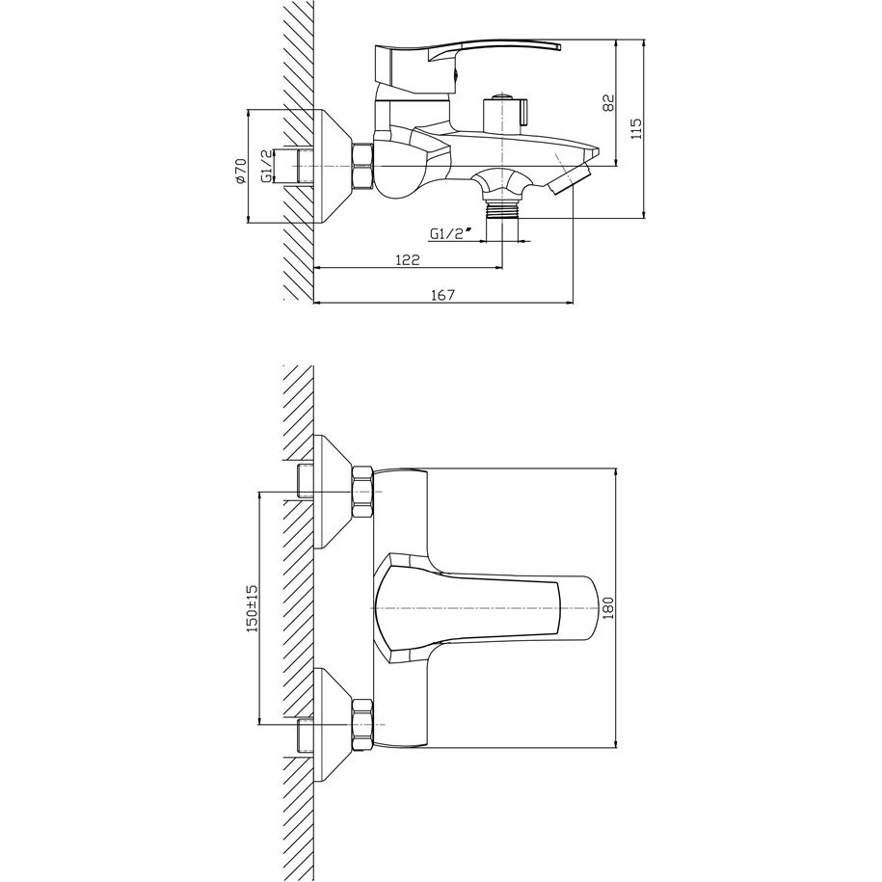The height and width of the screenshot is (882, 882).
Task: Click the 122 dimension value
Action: [408, 259]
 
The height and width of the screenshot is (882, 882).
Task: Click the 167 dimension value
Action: [442, 295]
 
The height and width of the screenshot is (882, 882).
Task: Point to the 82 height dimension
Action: [608, 102]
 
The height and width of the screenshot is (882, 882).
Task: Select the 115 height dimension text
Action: [636, 128]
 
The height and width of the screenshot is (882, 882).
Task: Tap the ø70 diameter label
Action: [240, 171]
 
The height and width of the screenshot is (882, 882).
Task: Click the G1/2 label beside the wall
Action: [267, 166]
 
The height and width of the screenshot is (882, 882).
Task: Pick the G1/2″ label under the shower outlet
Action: [450, 234]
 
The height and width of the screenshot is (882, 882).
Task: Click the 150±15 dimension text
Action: [252, 608]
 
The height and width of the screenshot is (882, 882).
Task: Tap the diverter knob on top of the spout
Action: [504, 114]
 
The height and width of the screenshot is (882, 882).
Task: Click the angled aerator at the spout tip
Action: [571, 177]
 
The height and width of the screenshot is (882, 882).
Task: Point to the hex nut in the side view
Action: [362, 166]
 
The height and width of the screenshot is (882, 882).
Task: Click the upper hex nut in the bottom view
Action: [362, 492]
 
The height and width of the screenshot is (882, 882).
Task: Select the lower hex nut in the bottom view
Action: [362, 724]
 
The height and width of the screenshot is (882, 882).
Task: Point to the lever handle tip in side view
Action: [557, 45]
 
